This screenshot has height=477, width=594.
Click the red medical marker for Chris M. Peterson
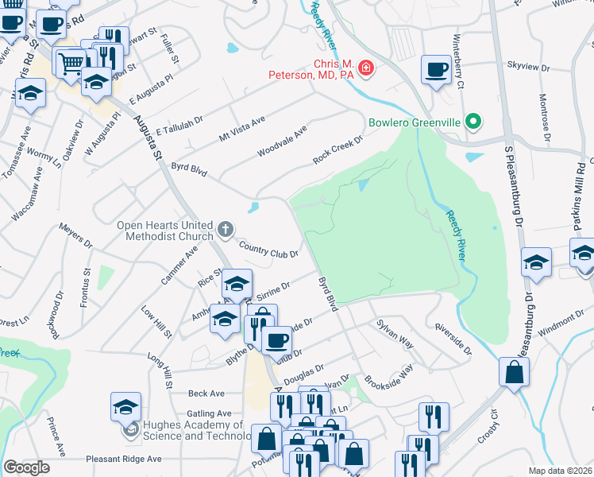(366, 69)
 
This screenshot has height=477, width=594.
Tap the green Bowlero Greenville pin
(473, 122)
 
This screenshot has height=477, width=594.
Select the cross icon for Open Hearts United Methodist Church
(225, 231)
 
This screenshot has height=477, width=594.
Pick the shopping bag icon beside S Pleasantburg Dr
(515, 372)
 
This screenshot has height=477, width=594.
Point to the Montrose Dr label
(545, 119)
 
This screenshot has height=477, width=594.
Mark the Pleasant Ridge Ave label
(123, 459)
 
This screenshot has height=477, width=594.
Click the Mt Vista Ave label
(241, 126)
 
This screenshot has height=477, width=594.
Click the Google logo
(26, 467)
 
